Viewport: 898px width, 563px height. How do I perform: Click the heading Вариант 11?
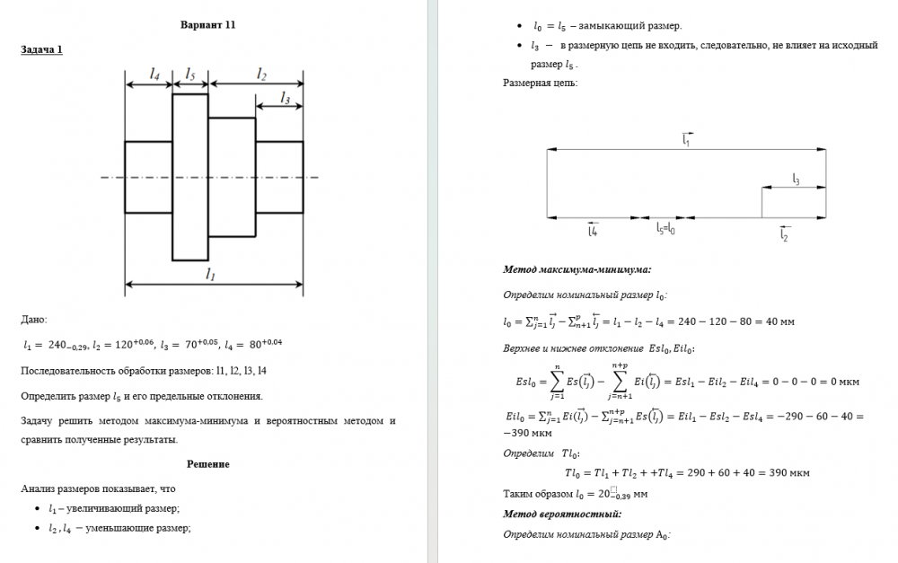pos(207,24)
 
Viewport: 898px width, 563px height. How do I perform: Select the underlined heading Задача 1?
pos(41,49)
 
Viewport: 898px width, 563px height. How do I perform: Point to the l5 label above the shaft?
pos(190,72)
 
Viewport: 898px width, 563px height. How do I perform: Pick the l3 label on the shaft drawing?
pos(286,97)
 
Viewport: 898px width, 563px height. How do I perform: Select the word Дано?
pos(33,319)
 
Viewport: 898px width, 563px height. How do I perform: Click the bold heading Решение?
pos(208,463)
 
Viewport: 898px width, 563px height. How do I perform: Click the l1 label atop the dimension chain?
pos(686,139)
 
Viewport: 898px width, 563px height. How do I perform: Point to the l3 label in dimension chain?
pos(796,180)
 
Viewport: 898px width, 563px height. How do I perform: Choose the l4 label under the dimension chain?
pos(593,231)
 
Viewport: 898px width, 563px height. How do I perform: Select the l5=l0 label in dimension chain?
pos(665,229)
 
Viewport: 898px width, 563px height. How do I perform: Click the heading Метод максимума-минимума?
pos(577,268)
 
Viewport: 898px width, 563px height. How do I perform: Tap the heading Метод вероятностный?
pos(562,514)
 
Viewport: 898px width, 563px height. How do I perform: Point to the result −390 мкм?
pos(529,432)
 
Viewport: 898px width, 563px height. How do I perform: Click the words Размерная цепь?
pos(541,84)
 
